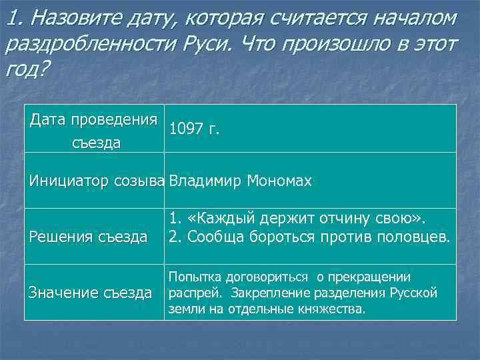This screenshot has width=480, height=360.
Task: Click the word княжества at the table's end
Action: pyautogui.click(x=334, y=309)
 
